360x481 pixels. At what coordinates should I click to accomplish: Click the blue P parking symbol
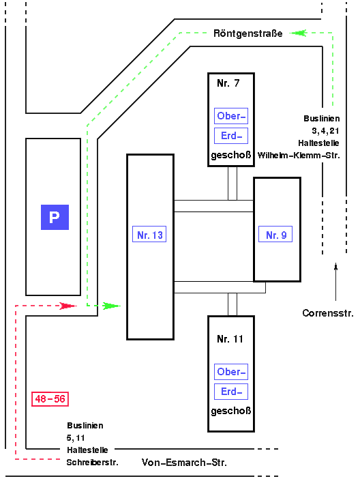[55, 217]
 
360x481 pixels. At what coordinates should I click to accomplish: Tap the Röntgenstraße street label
[247, 33]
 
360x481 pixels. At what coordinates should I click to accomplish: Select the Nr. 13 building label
[150, 235]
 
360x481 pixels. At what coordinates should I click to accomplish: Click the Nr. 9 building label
[275, 235]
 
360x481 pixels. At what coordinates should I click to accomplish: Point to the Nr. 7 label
[228, 83]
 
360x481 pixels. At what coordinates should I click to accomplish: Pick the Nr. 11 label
[230, 338]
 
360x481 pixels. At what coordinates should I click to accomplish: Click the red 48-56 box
[50, 398]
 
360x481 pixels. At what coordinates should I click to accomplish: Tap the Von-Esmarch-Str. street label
[184, 463]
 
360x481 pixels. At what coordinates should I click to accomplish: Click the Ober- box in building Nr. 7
[231, 116]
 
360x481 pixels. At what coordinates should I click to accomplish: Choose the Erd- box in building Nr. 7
[231, 136]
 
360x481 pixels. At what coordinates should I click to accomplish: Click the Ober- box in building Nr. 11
[231, 373]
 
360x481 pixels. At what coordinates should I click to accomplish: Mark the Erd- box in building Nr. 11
[231, 392]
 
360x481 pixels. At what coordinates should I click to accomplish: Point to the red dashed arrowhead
[67, 306]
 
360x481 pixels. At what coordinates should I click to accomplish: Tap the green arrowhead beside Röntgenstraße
[296, 32]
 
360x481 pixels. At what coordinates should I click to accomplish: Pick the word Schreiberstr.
[93, 462]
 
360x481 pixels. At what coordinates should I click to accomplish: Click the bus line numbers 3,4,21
[325, 130]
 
